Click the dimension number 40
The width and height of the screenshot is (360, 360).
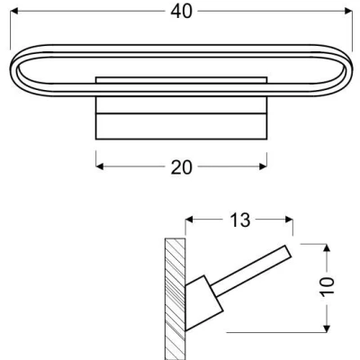click(x=181, y=12)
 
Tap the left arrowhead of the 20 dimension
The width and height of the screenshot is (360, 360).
click(x=99, y=166)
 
